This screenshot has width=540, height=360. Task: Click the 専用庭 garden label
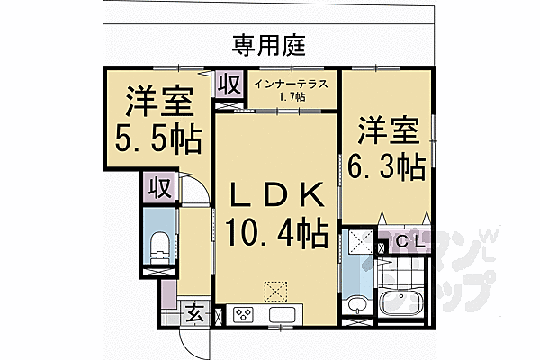pos(268,46)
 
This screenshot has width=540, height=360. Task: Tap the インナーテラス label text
pos(291,85)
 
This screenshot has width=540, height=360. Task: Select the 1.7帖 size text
pos(292,97)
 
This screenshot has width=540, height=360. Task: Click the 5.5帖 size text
pos(157,139)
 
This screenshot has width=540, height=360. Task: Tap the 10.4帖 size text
pos(276,232)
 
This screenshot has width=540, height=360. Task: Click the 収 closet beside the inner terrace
pos(230,85)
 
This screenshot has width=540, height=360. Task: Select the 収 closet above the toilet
pos(160,188)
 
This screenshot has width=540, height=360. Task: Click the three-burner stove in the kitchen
pos(243,314)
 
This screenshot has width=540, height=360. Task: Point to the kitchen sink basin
pos(282,314)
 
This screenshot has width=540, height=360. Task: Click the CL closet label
pos(409,241)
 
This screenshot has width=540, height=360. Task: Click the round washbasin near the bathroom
pos(357,304)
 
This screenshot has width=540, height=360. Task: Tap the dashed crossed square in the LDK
pos(275,292)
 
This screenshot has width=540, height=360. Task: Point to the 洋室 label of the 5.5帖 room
pos(159,102)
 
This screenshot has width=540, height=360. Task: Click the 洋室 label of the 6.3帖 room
pos(389,130)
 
